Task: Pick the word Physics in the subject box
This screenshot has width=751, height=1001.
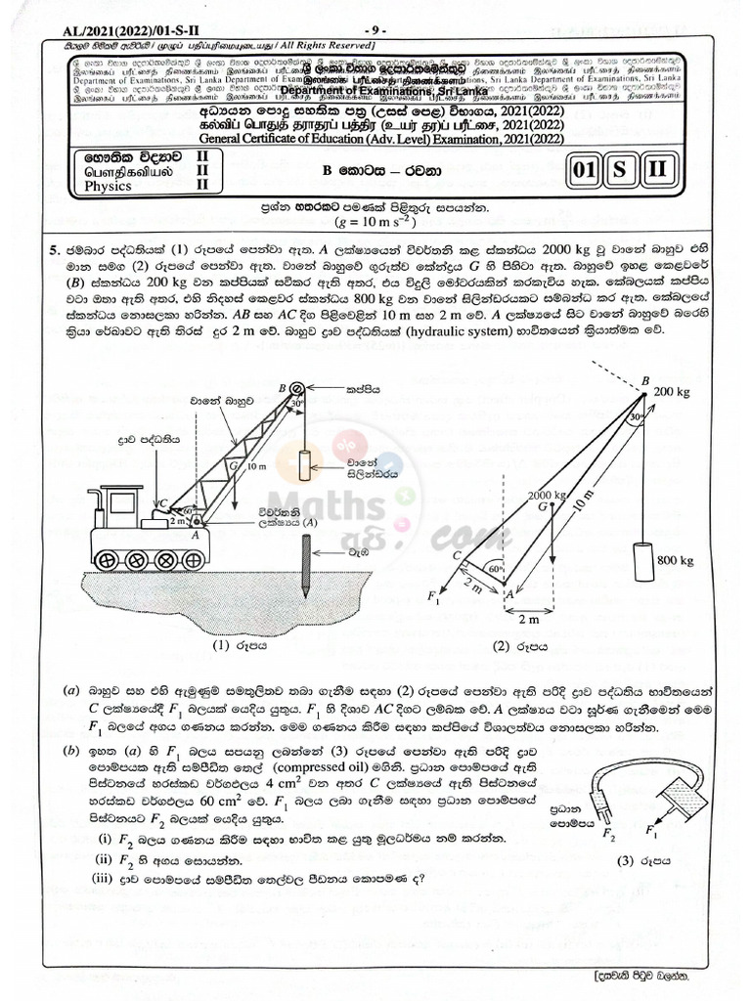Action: (x=108, y=185)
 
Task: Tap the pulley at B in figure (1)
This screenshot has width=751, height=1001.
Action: (x=296, y=388)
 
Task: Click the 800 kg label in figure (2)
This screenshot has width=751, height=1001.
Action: (x=675, y=560)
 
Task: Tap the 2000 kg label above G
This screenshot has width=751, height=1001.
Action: (x=548, y=495)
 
